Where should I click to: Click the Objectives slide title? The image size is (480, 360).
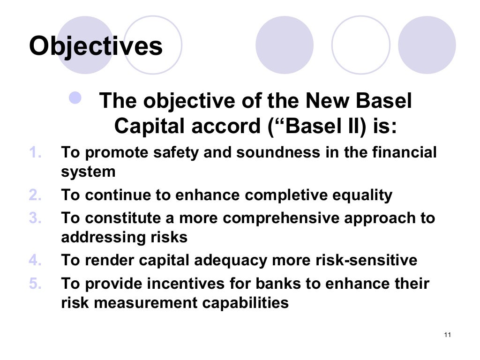(x=96, y=46)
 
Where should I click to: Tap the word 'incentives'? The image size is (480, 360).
(x=171, y=284)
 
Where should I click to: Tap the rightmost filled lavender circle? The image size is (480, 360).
(x=427, y=45)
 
